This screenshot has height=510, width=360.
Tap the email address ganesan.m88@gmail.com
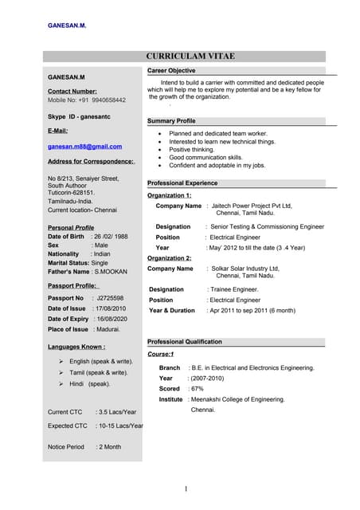click(84, 147)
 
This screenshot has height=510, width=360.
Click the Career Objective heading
click(171, 71)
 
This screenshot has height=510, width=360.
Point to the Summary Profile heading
click(172, 120)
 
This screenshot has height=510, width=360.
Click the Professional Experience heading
click(182, 183)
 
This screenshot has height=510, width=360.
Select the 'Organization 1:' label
click(170, 195)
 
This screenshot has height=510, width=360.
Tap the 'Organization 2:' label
click(170, 258)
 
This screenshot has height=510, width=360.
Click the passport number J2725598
click(112, 298)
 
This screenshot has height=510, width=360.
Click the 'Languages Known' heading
click(76, 347)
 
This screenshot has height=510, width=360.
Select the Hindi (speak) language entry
click(90, 383)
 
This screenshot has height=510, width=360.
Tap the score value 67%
click(198, 388)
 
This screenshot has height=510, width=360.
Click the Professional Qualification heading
click(185, 342)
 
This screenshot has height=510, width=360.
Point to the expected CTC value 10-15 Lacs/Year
click(119, 426)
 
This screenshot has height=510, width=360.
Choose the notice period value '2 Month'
click(109, 447)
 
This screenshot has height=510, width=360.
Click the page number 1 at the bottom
click(185, 488)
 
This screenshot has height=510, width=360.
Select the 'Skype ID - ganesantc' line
click(78, 116)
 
